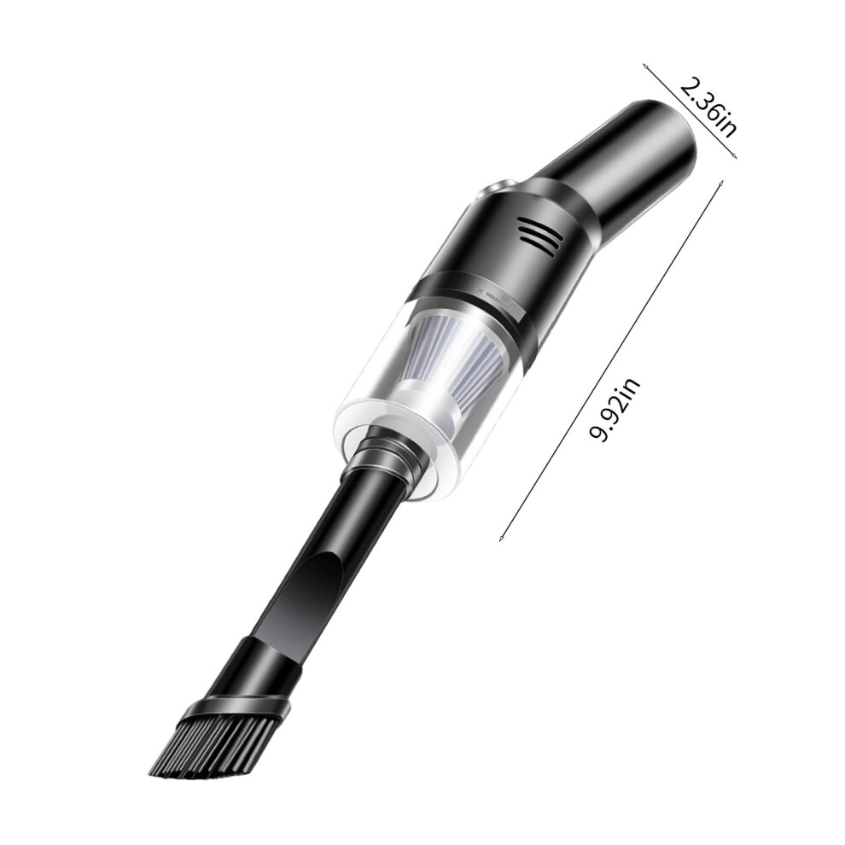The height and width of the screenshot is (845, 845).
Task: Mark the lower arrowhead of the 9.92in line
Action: click(x=501, y=538)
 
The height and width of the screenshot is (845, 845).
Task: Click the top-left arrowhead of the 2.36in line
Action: click(x=645, y=67)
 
